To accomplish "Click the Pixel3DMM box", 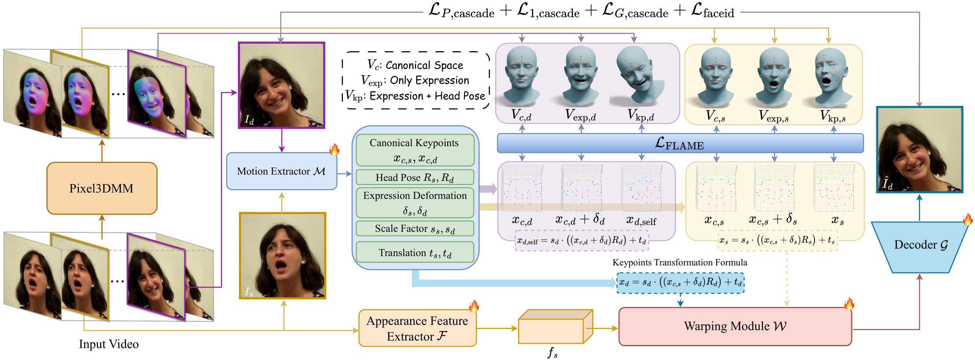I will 101,188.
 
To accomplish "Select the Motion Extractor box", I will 281,171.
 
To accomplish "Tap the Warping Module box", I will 735,326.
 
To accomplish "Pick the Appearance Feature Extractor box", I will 417,328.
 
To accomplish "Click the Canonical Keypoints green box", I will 415,150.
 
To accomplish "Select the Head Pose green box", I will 415,177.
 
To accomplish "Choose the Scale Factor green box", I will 415,229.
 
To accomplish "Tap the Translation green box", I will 415,252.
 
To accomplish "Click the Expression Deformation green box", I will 415,203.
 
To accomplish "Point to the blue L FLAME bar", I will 680,144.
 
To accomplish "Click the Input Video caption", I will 109,344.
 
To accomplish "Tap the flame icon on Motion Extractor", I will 334,150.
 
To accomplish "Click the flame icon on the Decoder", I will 967,219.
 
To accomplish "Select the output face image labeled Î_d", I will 919,150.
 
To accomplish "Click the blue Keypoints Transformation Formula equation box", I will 680,282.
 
